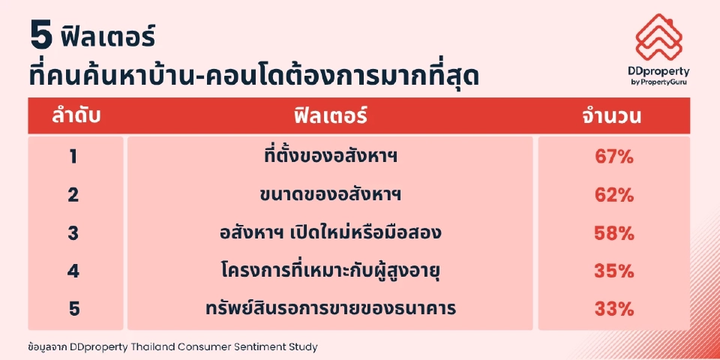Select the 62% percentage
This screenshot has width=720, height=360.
pyautogui.click(x=613, y=195)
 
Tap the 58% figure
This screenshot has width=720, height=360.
pyautogui.click(x=613, y=232)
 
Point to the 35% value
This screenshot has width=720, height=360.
pyautogui.click(x=613, y=270)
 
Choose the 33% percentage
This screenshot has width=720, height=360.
pyautogui.click(x=613, y=307)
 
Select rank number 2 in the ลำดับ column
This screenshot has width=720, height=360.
pyautogui.click(x=73, y=195)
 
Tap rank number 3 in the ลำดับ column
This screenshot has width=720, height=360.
pyautogui.click(x=73, y=232)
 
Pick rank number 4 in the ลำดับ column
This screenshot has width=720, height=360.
pyautogui.click(x=73, y=270)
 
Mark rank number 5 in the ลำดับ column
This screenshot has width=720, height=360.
pyautogui.click(x=73, y=307)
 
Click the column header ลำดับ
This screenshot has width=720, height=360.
pyautogui.click(x=76, y=116)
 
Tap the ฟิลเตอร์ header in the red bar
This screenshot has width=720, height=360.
pyautogui.click(x=330, y=116)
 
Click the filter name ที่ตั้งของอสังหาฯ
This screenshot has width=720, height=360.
pyautogui.click(x=331, y=157)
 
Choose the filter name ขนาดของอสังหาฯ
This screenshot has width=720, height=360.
pyautogui.click(x=331, y=195)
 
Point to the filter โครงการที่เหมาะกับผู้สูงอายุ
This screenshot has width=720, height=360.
pyautogui.click(x=331, y=270)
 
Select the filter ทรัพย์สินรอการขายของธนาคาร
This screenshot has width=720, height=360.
pyautogui.click(x=331, y=307)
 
